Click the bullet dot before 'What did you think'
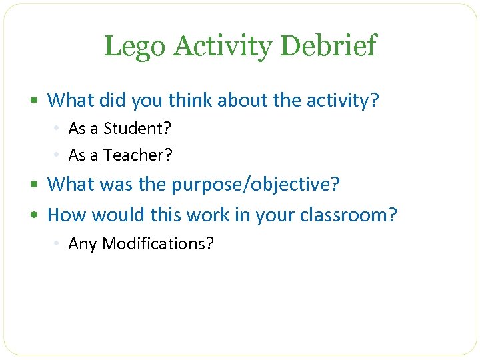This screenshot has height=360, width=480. [40, 101]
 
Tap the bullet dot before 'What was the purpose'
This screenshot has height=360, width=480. [40, 185]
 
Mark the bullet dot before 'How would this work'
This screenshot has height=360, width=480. [40, 215]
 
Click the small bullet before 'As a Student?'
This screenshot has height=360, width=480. [59, 129]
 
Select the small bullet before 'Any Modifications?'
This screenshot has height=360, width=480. [59, 244]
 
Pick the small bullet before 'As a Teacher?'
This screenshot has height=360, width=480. [59, 156]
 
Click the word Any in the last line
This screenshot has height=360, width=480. [82, 244]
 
